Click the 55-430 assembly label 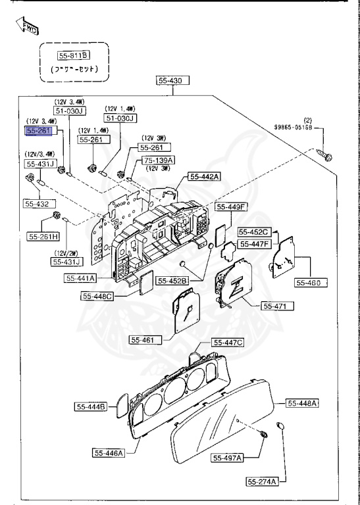[172, 81]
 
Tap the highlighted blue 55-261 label [38, 131]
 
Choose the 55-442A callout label [205, 176]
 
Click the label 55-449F [233, 207]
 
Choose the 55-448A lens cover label [303, 402]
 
